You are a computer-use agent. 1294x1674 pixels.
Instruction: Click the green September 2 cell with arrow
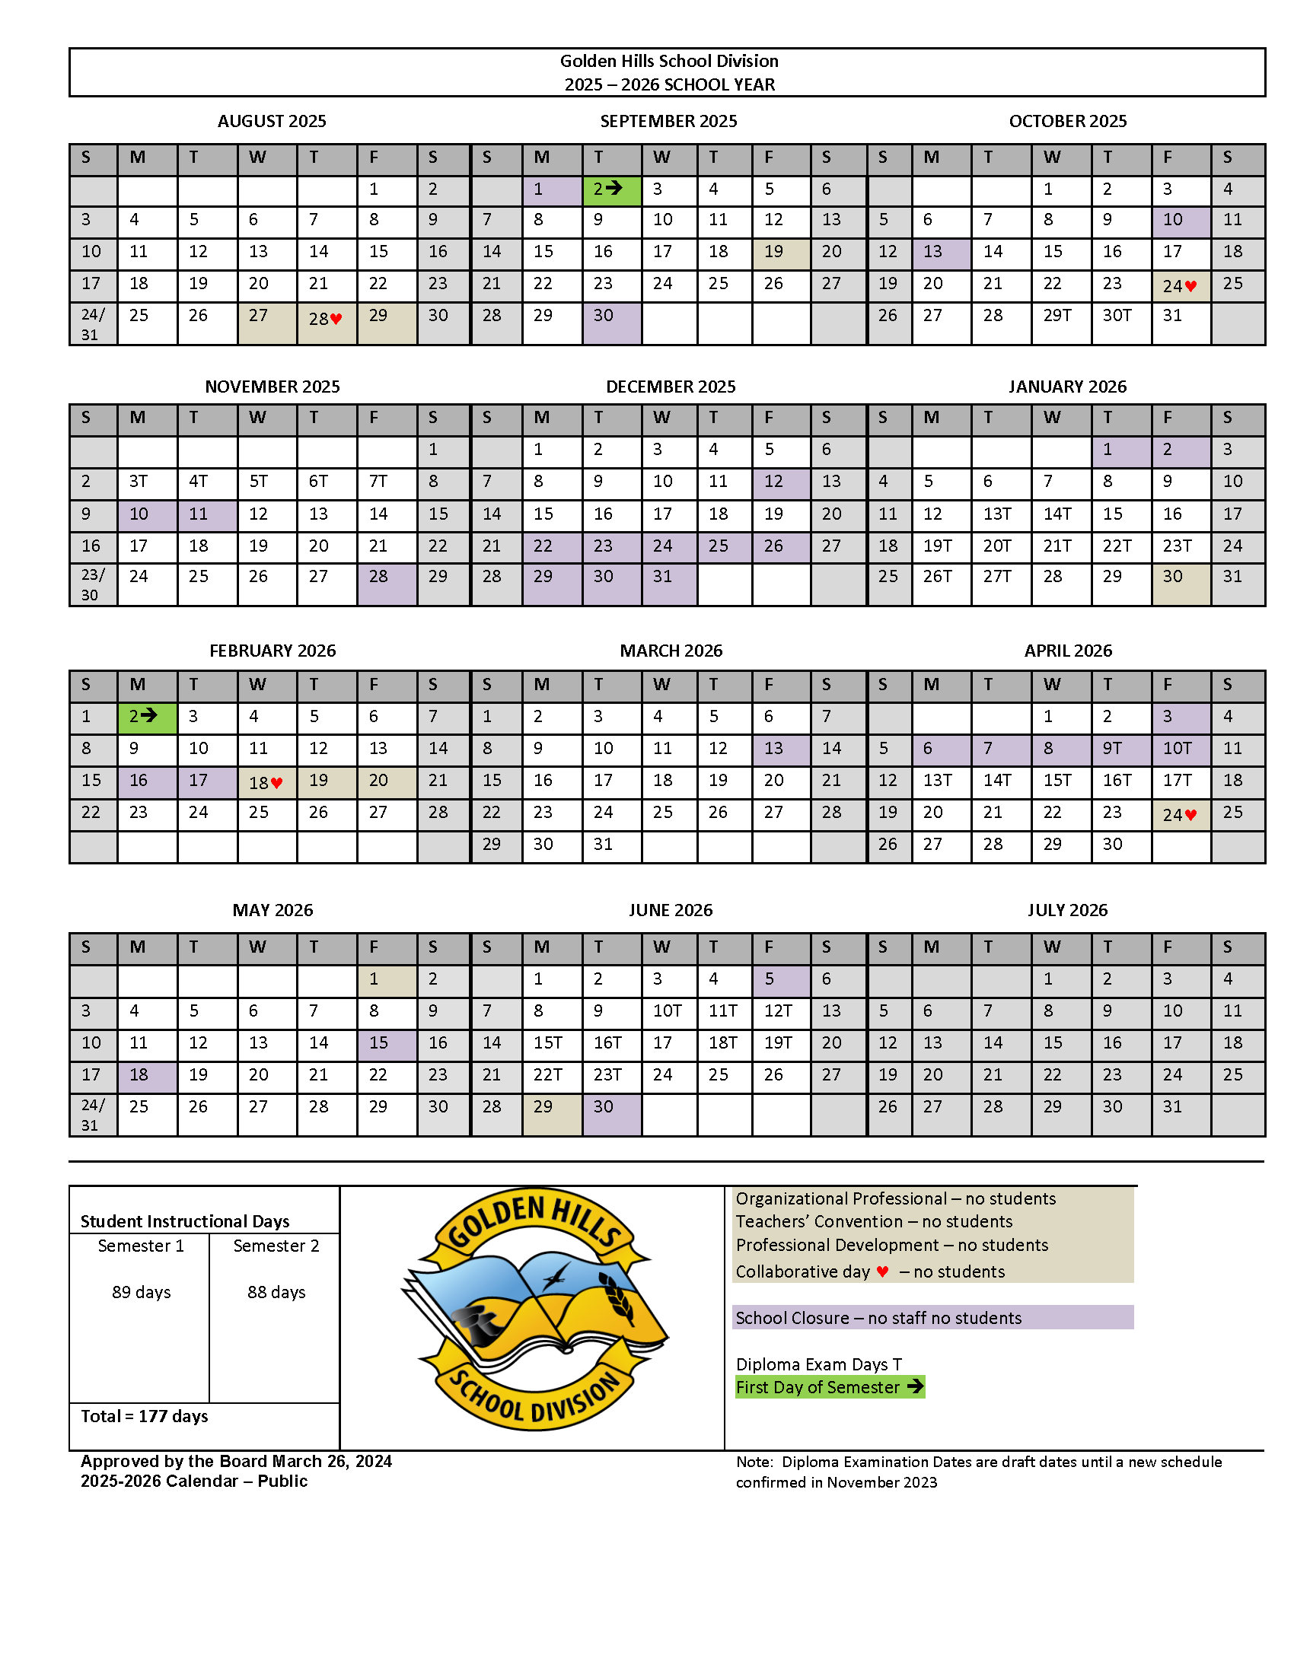tap(611, 189)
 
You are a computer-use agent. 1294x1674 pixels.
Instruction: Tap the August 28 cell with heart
tap(327, 319)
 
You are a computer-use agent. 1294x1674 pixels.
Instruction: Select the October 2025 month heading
tap(1067, 121)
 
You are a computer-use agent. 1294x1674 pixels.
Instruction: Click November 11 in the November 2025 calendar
tap(206, 514)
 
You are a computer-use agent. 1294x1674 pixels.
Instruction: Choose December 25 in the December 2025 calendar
tap(724, 546)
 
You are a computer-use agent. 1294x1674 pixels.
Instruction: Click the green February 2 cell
tap(146, 717)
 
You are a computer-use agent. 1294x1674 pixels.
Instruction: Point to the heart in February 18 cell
tap(277, 783)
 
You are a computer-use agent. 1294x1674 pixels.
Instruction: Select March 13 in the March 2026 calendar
tap(780, 749)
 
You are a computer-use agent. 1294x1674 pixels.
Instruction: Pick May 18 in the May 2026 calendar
tap(146, 1075)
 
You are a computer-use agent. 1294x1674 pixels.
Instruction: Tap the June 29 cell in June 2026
tap(551, 1108)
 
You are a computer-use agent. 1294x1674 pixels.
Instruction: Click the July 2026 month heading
tap(1067, 910)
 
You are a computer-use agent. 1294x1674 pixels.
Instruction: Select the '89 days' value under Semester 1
tap(141, 1292)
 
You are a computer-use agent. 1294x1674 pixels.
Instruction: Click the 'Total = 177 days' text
tap(144, 1417)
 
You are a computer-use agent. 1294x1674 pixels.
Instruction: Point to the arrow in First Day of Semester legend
tap(914, 1386)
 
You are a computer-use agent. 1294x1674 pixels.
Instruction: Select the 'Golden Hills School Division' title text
tap(668, 62)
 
